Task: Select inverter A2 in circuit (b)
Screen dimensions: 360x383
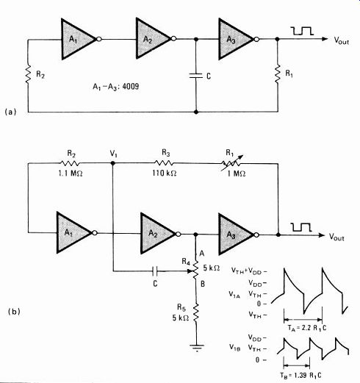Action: click(157, 233)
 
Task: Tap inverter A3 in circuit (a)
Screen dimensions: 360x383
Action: click(236, 39)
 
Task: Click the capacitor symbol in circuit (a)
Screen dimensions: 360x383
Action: click(196, 76)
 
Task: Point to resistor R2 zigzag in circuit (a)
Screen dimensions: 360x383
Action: click(28, 74)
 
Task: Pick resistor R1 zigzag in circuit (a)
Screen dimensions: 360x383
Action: click(278, 74)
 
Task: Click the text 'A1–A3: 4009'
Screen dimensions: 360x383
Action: click(115, 87)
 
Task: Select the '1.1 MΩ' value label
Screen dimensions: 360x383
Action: click(71, 173)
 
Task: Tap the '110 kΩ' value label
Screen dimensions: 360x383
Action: click(164, 173)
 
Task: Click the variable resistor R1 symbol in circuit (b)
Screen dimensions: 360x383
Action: click(231, 163)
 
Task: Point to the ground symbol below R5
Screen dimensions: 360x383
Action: click(197, 348)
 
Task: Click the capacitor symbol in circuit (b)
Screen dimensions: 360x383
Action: click(155, 271)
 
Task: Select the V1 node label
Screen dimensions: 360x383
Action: click(113, 154)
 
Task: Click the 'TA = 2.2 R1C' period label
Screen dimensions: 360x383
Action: click(307, 329)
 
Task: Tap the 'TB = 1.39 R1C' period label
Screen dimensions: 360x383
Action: click(300, 375)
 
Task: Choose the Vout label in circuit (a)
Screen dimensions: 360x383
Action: click(342, 40)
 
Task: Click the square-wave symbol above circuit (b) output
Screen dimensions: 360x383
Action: click(301, 227)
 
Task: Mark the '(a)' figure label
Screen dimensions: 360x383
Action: click(10, 112)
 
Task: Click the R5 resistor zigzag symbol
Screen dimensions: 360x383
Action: click(196, 312)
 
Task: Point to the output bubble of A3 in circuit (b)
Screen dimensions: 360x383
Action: click(256, 235)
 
